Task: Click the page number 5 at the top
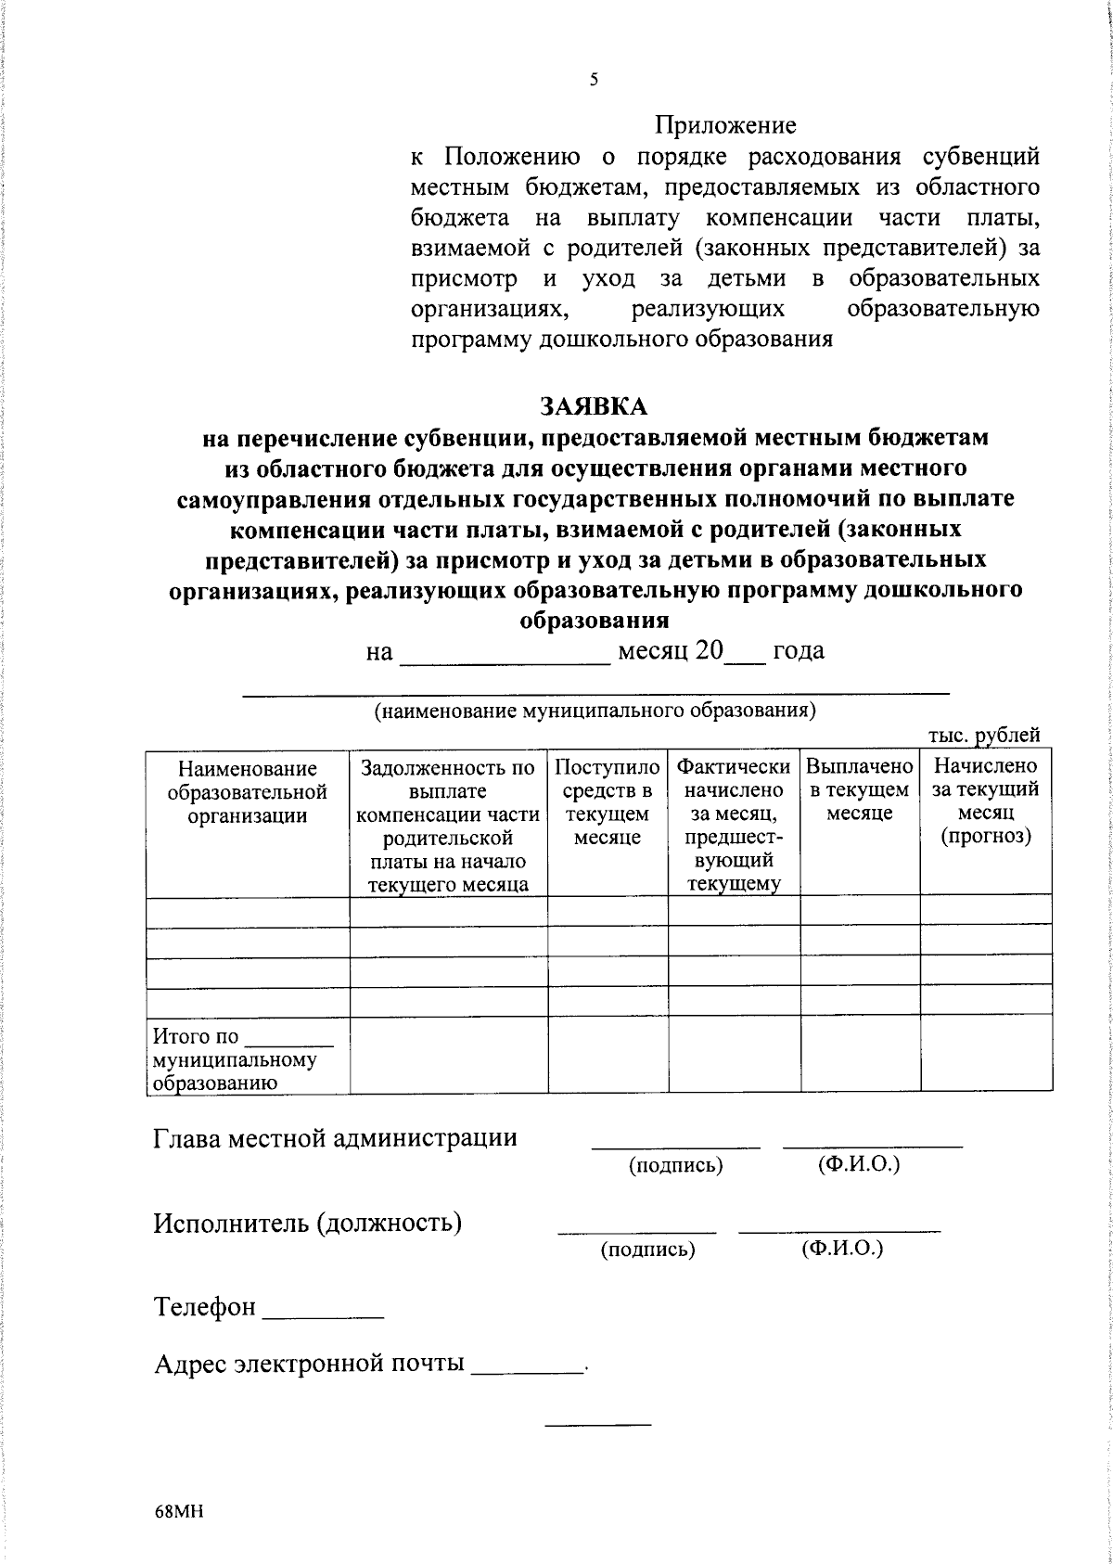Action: tap(594, 80)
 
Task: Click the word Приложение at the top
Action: tap(725, 124)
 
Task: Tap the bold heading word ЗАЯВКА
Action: tap(595, 406)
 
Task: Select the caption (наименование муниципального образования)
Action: tap(595, 711)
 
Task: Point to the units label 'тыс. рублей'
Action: tap(984, 736)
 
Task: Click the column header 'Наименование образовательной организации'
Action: tap(248, 791)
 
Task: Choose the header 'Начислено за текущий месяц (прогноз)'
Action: tap(985, 801)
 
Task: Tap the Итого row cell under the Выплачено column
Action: tap(860, 1054)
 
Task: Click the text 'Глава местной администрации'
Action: tap(336, 1138)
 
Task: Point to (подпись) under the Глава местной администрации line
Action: tap(675, 1165)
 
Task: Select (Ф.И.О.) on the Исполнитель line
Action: tap(842, 1249)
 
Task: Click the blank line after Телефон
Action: tap(324, 1315)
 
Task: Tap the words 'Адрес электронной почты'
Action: tap(309, 1364)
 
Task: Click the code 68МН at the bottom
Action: tap(179, 1513)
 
